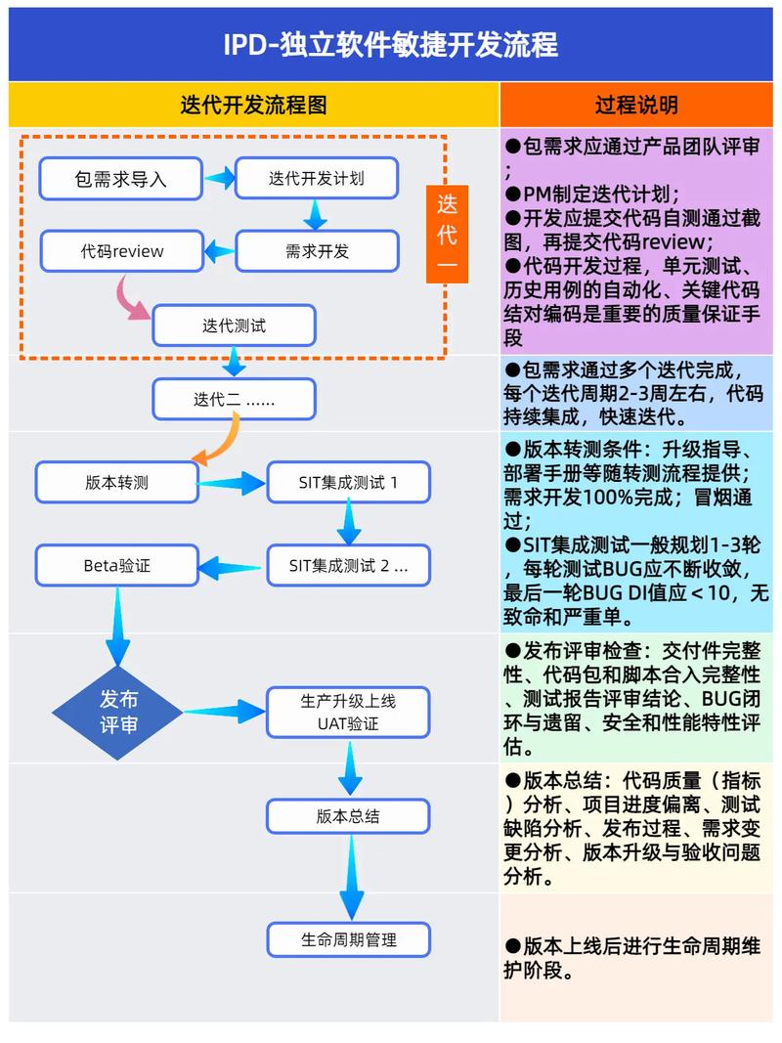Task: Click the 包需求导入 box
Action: coord(121,179)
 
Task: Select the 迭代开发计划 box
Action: coord(317,178)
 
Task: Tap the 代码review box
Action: coord(122,251)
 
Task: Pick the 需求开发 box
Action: coord(317,251)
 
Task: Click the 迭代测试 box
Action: coord(234,326)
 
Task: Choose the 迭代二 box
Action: coord(234,399)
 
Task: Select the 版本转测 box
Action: coord(117,482)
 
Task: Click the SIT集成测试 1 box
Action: coord(349,482)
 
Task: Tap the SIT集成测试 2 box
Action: coord(349,565)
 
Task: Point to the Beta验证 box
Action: coord(117,565)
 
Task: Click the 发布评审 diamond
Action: coord(118,713)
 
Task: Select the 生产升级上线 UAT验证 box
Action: coord(349,713)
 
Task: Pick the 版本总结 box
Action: coord(349,816)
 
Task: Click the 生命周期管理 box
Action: coord(349,939)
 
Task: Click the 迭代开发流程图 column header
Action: coord(253,105)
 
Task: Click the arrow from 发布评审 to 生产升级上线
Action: coord(224,712)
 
